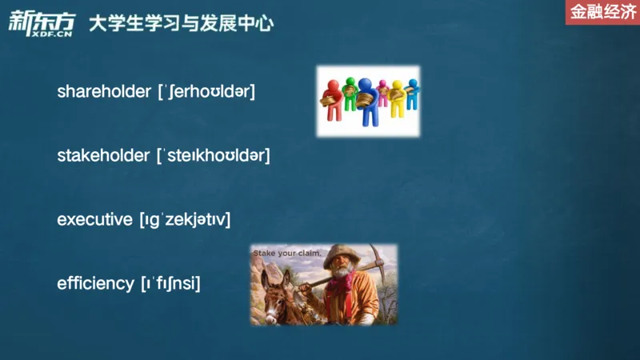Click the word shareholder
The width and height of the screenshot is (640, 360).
tap(105, 91)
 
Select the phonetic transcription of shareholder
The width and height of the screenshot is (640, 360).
tap(206, 91)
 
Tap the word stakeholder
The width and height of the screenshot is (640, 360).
tap(104, 154)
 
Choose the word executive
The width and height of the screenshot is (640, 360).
tap(94, 218)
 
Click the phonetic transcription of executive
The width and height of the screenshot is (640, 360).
tap(185, 219)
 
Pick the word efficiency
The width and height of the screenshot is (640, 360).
tap(95, 282)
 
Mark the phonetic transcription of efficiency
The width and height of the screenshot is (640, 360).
tap(170, 283)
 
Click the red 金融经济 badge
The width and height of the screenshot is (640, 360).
tap(602, 12)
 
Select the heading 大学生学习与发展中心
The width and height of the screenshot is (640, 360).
tap(181, 24)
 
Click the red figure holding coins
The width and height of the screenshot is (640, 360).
tap(332, 100)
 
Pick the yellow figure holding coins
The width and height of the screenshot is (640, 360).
tap(396, 98)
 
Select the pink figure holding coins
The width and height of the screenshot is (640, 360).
tap(382, 90)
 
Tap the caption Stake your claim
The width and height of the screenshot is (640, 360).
tap(286, 255)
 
